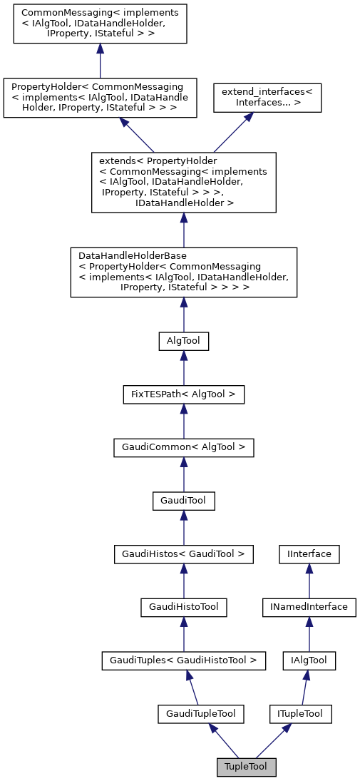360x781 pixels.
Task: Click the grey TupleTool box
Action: pos(246,767)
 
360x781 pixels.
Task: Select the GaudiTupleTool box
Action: pos(201,713)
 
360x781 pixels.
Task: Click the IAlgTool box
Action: pos(309,660)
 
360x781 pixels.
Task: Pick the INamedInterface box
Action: pos(309,606)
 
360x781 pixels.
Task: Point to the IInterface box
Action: pos(309,553)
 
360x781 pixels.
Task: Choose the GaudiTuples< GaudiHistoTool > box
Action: pos(184,660)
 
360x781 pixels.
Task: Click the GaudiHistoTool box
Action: pos(184,606)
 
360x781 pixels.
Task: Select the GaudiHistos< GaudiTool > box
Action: pos(184,553)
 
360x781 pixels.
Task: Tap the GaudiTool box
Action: pos(184,500)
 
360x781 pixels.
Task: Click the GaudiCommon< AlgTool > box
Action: pos(184,447)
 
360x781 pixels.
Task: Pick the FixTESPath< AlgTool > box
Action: pos(184,394)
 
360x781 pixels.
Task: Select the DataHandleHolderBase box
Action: pos(184,271)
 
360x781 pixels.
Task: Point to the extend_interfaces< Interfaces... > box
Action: pos(268,97)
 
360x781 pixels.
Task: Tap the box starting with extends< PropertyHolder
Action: pos(184,182)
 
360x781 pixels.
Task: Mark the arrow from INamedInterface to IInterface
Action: pos(309,580)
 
